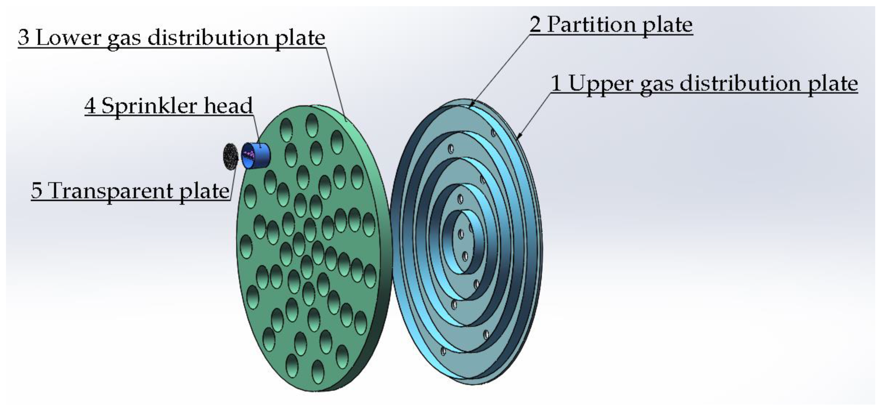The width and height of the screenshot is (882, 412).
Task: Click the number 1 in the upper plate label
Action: click(x=556, y=83)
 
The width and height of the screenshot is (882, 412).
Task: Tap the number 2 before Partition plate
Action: click(x=535, y=25)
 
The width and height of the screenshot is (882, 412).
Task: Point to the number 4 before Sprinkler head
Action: click(x=90, y=106)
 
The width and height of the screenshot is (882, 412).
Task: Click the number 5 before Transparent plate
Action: click(x=37, y=191)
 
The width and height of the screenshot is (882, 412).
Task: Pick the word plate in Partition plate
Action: click(x=667, y=25)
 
